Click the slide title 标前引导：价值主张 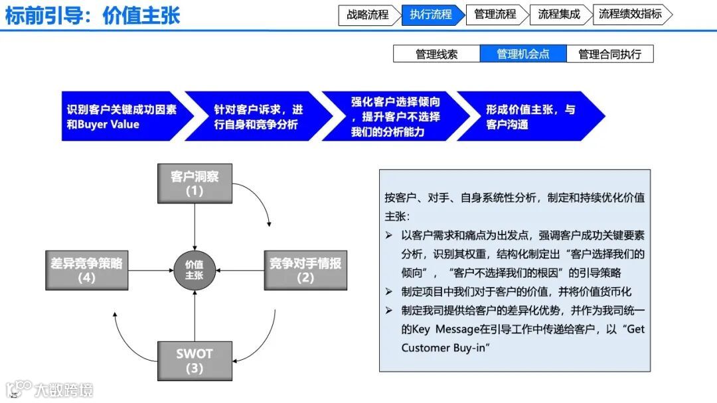coord(92,16)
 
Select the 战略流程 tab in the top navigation coord(367,15)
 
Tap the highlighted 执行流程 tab coord(431,15)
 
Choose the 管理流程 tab coord(495,15)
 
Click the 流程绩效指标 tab coord(630,15)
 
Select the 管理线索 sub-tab coord(436,54)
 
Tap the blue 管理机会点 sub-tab coord(523,54)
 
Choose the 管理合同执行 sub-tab coord(609,54)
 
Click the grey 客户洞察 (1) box coord(195,184)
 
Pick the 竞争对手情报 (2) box coord(305,270)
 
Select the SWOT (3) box coord(195,361)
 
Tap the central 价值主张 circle coord(195,270)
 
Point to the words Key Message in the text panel coord(439,329)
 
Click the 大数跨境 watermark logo coord(49,389)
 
